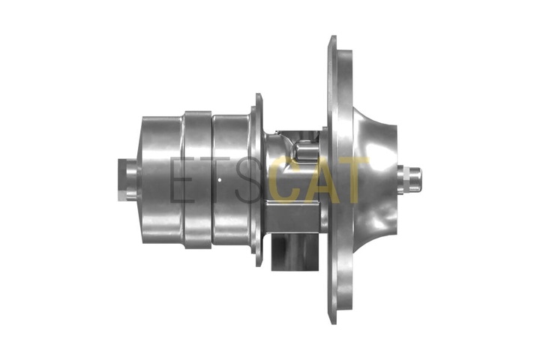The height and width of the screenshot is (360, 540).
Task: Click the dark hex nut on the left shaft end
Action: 122,180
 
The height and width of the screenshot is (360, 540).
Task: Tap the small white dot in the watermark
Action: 220,180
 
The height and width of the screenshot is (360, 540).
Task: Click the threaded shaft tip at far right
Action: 415,179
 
